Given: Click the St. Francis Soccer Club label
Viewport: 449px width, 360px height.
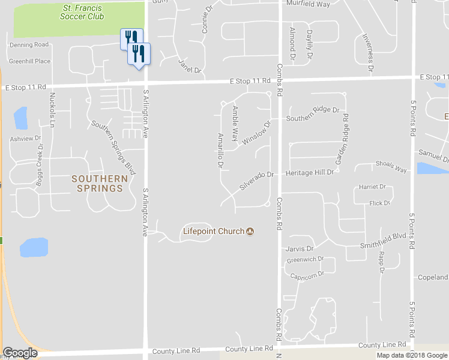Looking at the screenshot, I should click(x=82, y=12).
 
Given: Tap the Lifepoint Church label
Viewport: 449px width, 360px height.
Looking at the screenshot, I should click(x=213, y=231).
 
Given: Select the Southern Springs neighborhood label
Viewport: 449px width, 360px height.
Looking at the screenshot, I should click(x=100, y=183).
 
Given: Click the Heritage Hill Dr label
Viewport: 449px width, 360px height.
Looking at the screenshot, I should click(x=309, y=173).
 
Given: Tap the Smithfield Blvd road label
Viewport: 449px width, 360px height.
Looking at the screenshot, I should click(x=383, y=240).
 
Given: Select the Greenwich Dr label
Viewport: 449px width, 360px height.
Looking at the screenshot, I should click(x=305, y=260).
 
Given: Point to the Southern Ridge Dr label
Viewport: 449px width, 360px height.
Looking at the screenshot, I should click(x=312, y=118).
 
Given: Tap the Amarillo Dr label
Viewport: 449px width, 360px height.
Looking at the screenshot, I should click(x=220, y=151).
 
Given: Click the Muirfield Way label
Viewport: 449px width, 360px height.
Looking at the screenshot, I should click(x=309, y=4).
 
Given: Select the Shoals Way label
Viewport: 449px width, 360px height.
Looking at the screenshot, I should click(x=391, y=167).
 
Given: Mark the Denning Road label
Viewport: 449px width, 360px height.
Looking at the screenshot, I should click(x=29, y=44).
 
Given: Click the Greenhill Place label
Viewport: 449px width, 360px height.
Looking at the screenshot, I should click(x=29, y=61).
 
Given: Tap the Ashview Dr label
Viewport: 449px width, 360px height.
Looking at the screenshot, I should click(x=24, y=139).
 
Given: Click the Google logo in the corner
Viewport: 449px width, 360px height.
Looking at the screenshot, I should click(x=20, y=353).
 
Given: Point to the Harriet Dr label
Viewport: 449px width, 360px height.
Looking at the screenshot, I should click(x=373, y=187).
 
